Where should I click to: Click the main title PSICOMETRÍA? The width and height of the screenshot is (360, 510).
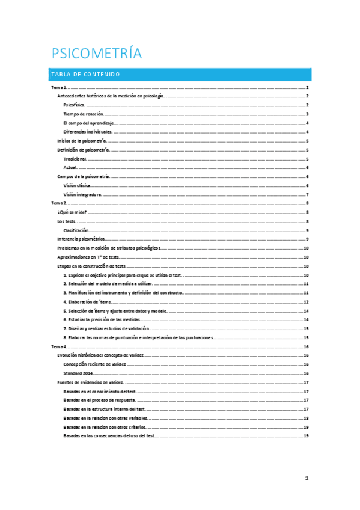(97, 54)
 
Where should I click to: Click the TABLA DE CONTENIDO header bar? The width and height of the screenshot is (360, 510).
(180, 75)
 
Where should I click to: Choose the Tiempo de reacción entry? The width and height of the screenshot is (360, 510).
(84, 114)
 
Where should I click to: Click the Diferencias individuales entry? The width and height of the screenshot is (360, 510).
(88, 132)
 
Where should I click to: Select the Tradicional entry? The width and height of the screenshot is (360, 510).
(75, 159)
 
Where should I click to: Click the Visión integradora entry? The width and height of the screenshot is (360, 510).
(82, 195)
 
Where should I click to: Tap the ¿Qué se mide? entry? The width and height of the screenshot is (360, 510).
(72, 212)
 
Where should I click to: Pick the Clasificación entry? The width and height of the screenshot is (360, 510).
(76, 230)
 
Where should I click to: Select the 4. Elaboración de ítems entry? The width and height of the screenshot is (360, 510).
(88, 302)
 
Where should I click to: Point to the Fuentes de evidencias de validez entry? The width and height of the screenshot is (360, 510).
(91, 382)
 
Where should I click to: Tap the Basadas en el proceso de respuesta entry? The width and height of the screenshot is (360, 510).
(99, 400)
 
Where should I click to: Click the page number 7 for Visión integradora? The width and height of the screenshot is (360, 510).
(307, 195)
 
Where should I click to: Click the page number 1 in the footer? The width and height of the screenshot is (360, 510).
(307, 478)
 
